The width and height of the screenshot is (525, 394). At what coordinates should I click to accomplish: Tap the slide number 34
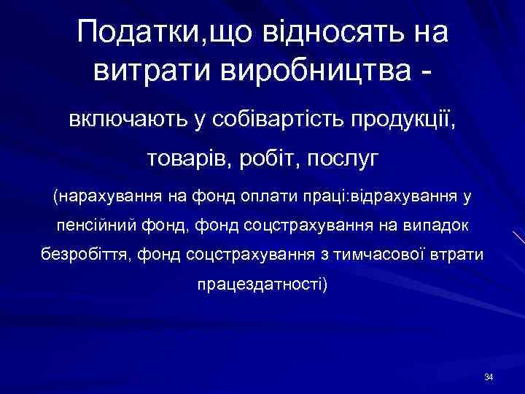tap(489, 376)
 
